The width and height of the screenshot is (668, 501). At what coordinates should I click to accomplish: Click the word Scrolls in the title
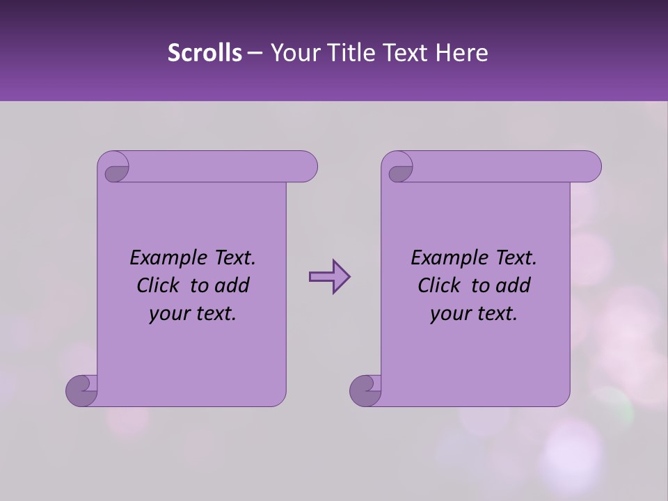pos(205,53)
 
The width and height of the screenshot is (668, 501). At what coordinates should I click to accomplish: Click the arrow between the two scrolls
pos(329,277)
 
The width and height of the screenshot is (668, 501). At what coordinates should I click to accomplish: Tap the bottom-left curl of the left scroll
pos(81,390)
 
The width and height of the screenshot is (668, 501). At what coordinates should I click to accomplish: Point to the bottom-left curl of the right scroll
pos(365,390)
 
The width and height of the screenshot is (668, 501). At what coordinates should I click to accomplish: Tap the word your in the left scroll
pos(168,314)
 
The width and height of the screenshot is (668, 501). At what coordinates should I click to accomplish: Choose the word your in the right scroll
pos(449,314)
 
